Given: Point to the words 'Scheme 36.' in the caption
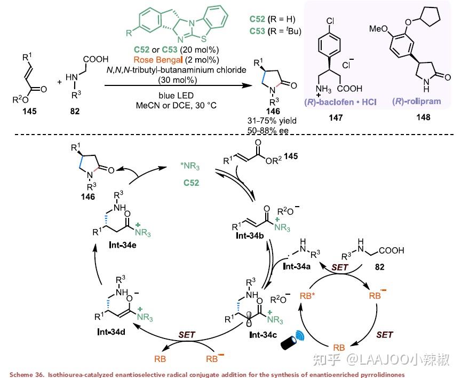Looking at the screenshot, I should tap(23, 374).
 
